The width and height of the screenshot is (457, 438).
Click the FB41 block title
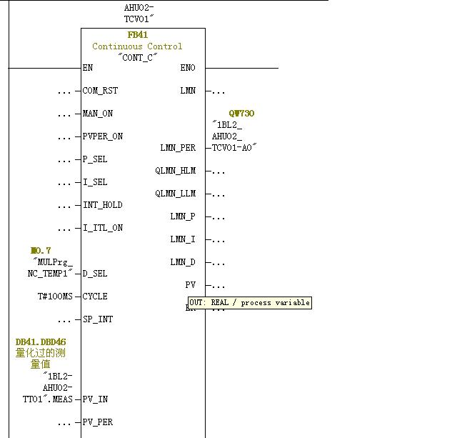tap(138, 35)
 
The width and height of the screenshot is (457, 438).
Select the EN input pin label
tap(89, 68)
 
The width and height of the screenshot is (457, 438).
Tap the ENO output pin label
tap(188, 68)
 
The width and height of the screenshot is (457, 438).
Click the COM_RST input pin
tap(101, 91)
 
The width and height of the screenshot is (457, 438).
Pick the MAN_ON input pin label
tap(98, 114)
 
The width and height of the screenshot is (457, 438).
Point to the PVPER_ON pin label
tap(103, 136)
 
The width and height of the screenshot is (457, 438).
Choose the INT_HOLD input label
tap(103, 205)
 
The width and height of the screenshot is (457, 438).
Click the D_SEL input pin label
tap(96, 274)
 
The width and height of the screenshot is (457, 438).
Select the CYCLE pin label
tap(96, 297)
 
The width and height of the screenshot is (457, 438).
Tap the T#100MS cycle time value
tap(55, 297)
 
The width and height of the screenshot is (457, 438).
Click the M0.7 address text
tap(41, 251)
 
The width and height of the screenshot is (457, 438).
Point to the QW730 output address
tap(241, 114)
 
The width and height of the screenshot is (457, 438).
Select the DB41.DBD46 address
tap(41, 342)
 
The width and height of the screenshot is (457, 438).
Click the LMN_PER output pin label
tap(178, 148)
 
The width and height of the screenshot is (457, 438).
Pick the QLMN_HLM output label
tap(175, 171)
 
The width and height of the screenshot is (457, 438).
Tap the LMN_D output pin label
tap(182, 262)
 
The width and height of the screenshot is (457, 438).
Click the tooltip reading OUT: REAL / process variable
tap(249, 303)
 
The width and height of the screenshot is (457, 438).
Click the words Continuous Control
tap(137, 46)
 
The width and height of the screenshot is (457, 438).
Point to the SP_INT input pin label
tap(98, 319)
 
